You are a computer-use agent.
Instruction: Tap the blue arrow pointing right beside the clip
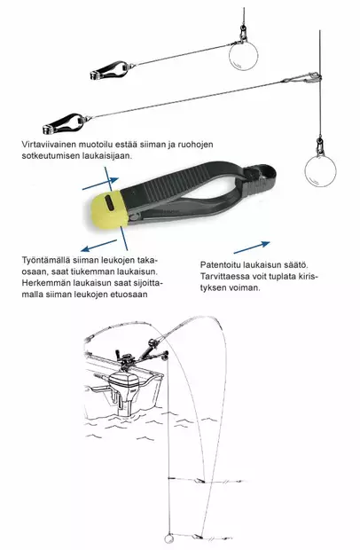pyautogui.click(x=255, y=245)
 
